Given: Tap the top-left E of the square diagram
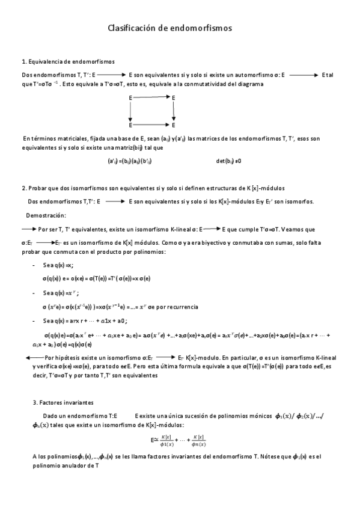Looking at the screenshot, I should point(130,97).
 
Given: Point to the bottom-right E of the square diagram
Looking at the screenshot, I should point(174,125).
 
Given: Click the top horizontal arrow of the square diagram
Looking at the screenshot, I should point(151,97).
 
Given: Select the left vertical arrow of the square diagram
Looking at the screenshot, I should point(130,111).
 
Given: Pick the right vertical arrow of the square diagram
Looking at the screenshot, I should point(174,111).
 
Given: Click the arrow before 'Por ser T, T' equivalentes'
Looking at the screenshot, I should point(28,229).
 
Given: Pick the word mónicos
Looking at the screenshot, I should point(257,416).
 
